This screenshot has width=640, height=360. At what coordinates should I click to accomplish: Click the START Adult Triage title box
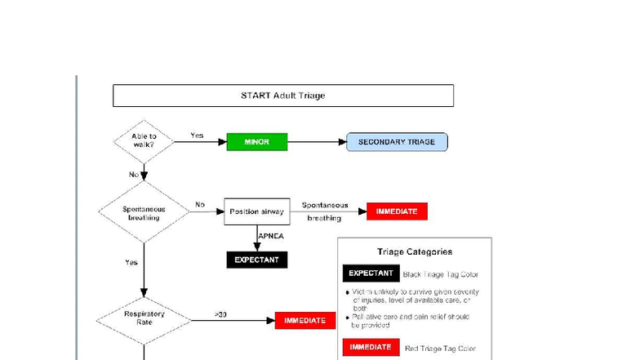pos(282,96)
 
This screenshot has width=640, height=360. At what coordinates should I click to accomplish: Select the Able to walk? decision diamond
pos(144,141)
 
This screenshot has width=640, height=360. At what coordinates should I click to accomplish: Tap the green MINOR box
pos(257,142)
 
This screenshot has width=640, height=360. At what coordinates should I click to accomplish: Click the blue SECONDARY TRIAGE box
pos(397,142)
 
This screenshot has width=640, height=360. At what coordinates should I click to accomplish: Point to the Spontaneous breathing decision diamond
pos(144,212)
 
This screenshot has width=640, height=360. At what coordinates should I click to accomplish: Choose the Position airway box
pos(257,212)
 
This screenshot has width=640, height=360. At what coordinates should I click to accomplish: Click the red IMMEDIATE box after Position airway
pos(397,211)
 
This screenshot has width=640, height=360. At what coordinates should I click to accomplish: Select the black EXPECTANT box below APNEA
pos(257,260)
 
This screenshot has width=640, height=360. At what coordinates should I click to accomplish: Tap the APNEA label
pos(271,236)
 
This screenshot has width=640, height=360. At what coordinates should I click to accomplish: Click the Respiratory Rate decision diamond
pos(144,318)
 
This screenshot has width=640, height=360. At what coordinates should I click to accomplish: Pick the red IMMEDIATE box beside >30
pos(305,321)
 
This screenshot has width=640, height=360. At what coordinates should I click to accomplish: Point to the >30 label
pos(220,314)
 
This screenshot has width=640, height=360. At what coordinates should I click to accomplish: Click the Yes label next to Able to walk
pos(197,136)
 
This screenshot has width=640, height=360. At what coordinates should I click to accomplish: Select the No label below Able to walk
pos(134,175)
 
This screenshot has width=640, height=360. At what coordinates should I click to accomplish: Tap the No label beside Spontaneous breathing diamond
pos(200,205)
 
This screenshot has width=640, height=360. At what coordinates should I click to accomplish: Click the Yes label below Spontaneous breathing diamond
pos(131,263)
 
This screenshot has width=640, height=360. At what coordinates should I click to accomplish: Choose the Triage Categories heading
pos(415,251)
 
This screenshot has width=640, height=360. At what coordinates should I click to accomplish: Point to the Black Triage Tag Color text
pos(441,275)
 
